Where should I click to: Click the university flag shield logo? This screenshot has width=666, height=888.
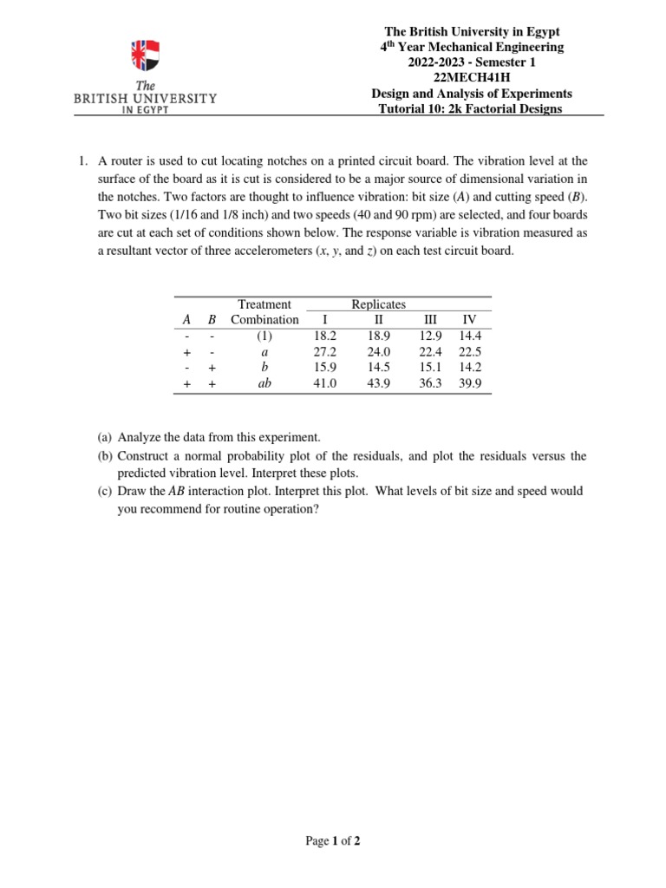point(145,55)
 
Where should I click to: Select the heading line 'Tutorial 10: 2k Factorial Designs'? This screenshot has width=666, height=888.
point(471,108)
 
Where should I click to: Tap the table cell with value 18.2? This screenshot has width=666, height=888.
point(324,336)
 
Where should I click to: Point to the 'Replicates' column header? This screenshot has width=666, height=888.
point(378,304)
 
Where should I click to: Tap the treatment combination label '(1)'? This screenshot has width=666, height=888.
point(264,336)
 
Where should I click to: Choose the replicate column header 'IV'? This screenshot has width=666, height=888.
point(470,319)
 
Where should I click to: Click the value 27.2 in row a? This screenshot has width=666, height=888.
point(324,352)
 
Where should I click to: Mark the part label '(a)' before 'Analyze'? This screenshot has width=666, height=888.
point(104,439)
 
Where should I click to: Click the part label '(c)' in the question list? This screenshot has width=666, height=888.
point(104,491)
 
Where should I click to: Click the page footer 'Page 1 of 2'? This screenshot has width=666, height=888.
point(332,840)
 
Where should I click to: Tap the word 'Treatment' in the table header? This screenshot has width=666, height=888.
point(264,304)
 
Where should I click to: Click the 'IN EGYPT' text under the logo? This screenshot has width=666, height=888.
point(145,111)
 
